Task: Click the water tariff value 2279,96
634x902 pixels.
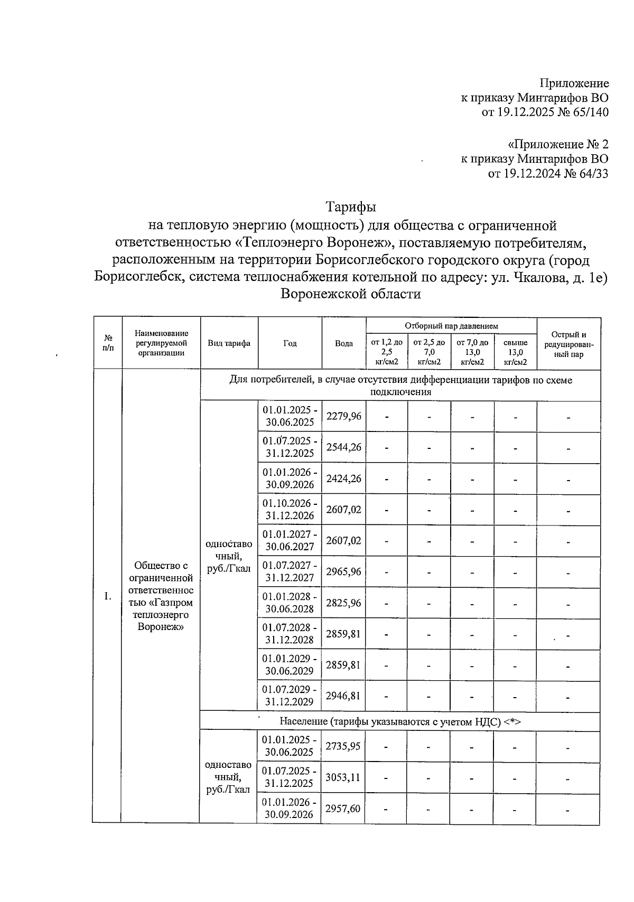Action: tap(343, 416)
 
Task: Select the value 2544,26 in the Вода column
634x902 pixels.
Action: tap(343, 447)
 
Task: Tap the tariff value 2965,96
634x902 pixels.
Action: tap(343, 571)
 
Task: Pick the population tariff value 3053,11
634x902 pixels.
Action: tap(343, 777)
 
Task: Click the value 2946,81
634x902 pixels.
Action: tap(343, 696)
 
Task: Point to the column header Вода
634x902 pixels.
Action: tap(344, 343)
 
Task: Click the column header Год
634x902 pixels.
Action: tap(290, 343)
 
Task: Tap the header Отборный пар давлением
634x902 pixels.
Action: tap(451, 326)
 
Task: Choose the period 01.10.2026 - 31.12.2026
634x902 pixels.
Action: tap(290, 509)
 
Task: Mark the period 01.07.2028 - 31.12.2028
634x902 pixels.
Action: tap(290, 633)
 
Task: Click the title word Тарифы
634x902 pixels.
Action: tap(350, 206)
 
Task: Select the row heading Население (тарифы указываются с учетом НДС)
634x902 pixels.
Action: tap(400, 721)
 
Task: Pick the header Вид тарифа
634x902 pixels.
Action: tap(229, 343)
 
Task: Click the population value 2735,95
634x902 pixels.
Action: tap(343, 746)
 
